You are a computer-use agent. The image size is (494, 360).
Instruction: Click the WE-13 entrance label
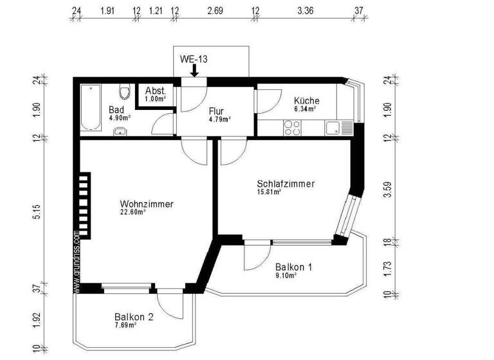click(193, 59)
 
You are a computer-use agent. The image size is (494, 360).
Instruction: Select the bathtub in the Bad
click(88, 109)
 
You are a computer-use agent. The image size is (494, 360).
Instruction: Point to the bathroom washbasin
click(119, 131)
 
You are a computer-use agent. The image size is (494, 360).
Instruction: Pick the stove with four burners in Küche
click(293, 129)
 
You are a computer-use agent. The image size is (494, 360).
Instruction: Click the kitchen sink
click(334, 128)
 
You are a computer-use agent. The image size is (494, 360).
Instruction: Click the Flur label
click(215, 110)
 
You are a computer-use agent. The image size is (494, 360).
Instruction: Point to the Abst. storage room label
click(156, 91)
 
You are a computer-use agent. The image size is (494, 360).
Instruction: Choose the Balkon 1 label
click(293, 267)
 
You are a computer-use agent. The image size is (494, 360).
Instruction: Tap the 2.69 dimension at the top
click(215, 11)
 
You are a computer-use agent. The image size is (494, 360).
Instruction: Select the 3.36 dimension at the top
click(302, 11)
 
